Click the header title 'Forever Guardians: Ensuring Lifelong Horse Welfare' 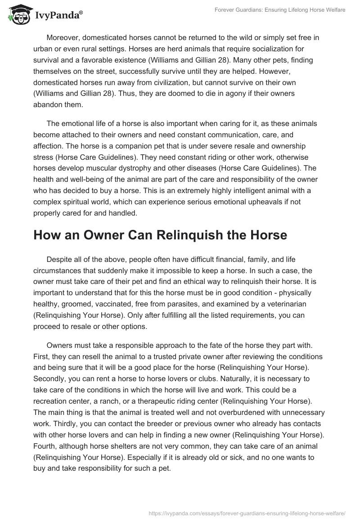tap(279, 10)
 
